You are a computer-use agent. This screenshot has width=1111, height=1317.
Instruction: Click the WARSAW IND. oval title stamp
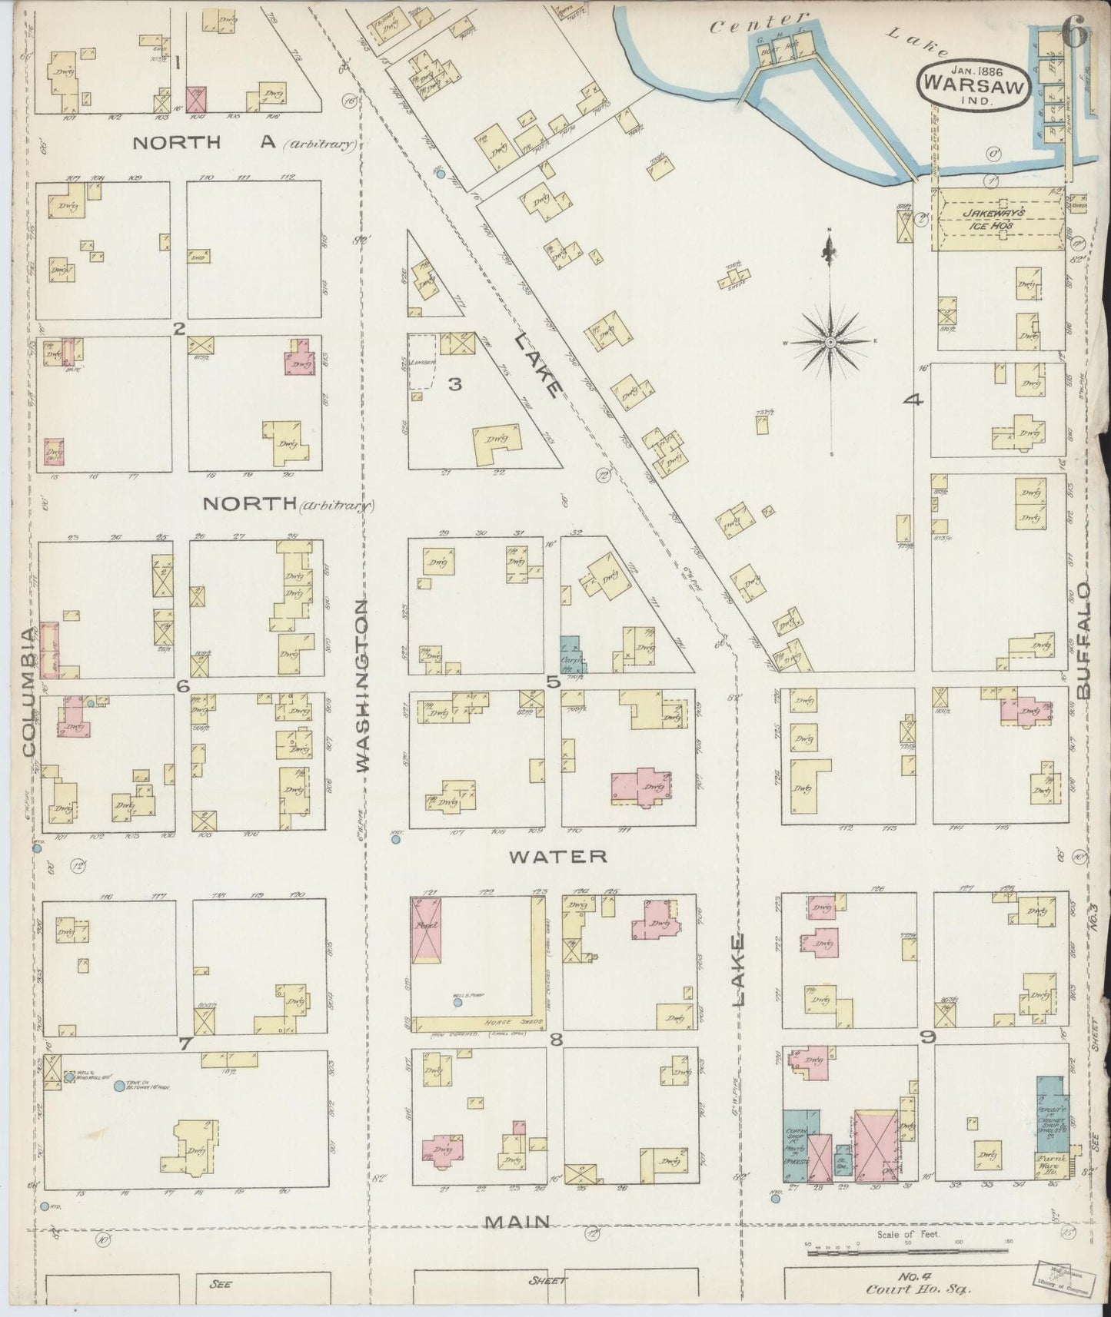tap(972, 87)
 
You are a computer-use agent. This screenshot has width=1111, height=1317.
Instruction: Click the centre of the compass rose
tap(831, 341)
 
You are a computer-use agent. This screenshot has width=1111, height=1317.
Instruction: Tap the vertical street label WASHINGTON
tap(363, 686)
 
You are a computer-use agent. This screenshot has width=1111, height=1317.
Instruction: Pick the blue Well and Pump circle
tap(458, 1003)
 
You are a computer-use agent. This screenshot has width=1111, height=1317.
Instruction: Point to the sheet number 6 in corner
tap(1074, 32)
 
